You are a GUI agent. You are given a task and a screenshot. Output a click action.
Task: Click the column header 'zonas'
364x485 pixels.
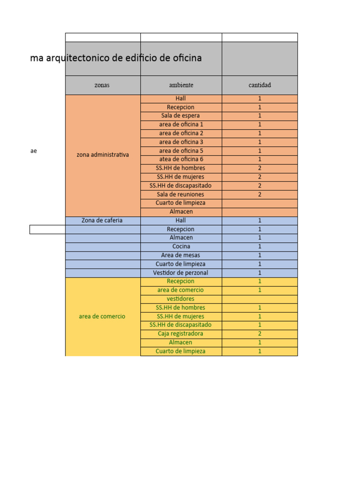pos(102,85)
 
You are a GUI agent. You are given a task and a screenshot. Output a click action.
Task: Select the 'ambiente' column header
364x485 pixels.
pos(181,85)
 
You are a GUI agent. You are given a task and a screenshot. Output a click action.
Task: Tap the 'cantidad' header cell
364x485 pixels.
pos(260,85)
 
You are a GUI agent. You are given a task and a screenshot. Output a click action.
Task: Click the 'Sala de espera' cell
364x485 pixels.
pos(181,116)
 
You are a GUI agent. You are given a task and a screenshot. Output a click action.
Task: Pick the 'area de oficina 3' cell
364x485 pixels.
pos(181,142)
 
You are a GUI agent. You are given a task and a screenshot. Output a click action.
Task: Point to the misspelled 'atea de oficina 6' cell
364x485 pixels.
pos(181,159)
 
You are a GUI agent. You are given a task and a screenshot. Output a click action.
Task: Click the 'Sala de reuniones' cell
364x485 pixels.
pos(181,194)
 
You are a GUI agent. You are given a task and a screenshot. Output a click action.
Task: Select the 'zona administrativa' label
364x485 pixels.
pos(102,155)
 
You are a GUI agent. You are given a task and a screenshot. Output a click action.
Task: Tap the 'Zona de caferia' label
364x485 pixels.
pos(102,220)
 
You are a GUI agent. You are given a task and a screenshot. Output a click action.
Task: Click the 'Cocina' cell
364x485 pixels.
pos(181,246)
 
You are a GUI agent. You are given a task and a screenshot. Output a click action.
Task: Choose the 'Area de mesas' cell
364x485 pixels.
pos(181,255)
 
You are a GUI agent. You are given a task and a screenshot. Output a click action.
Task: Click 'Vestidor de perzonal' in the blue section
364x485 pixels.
pos(181,273)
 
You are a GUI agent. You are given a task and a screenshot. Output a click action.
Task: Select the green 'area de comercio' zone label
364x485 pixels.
pos(102,316)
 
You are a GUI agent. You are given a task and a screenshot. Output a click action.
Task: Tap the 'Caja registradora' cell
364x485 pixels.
pos(181,333)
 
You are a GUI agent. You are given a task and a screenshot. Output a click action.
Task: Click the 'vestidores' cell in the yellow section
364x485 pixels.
pos(181,299)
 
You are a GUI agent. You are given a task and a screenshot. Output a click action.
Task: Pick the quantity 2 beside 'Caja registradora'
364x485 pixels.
pos(260,333)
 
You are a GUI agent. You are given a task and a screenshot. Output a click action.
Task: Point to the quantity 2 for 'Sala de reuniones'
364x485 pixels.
pos(260,194)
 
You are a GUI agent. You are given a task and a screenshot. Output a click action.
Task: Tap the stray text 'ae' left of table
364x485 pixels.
pos(34,151)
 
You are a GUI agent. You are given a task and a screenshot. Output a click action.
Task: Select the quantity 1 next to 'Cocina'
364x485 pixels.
pos(260,246)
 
